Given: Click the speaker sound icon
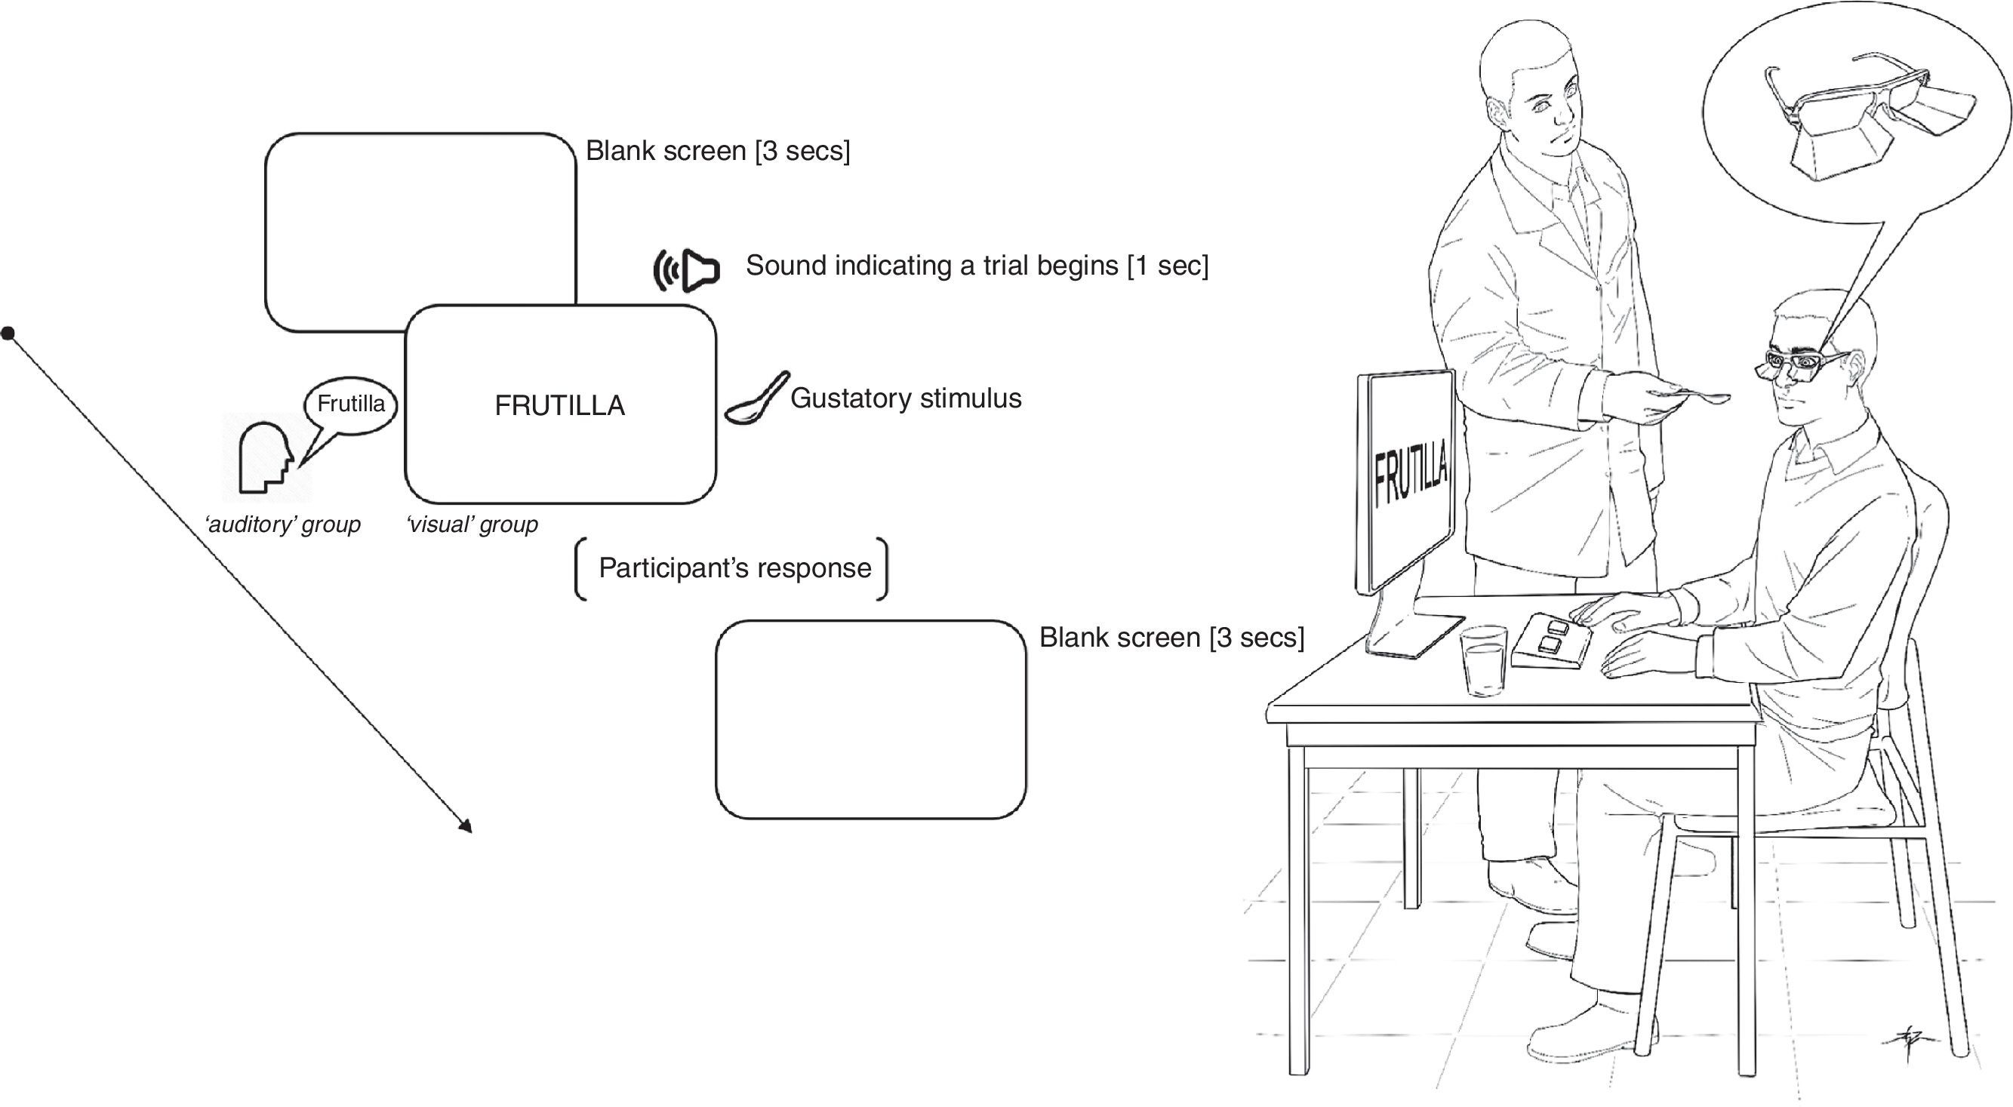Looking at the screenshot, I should tap(687, 270).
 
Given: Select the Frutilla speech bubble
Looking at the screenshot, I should tap(351, 404).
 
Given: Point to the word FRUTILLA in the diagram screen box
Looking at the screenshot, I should tap(559, 405).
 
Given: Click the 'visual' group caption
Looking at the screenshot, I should tap(472, 524).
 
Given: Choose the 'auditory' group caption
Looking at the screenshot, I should tap(282, 524).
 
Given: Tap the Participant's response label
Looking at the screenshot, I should tap(734, 568).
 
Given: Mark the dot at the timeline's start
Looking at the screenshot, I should tap(8, 334).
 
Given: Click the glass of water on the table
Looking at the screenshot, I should tap(1483, 660).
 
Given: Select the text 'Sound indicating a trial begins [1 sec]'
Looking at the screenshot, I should tap(976, 266).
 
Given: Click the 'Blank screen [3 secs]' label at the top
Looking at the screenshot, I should tap(717, 151).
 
